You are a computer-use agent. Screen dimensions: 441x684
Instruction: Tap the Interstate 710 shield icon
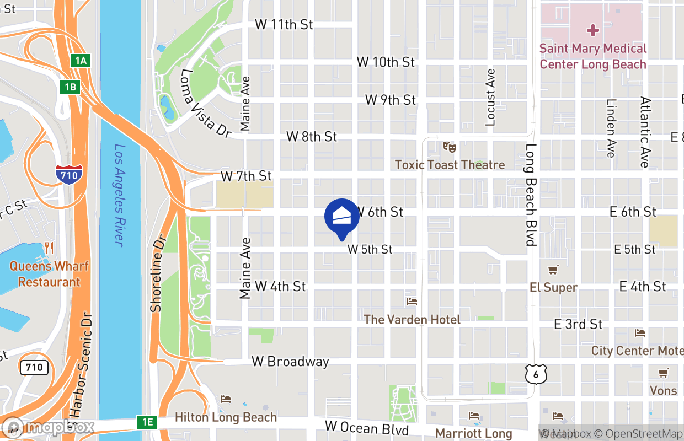click(x=69, y=174)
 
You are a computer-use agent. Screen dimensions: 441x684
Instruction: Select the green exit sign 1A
click(x=81, y=60)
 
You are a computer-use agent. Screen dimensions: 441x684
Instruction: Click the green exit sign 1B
click(x=70, y=87)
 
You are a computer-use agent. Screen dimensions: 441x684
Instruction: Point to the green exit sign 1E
click(x=147, y=422)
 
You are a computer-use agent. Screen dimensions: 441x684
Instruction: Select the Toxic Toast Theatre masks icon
click(x=450, y=147)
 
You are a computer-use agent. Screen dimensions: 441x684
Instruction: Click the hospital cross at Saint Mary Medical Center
click(x=593, y=30)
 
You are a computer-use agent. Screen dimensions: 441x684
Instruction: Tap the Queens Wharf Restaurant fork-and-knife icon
click(x=49, y=248)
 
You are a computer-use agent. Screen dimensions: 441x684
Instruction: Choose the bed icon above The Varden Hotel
click(x=412, y=302)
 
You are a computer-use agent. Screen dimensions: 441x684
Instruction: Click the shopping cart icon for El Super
click(x=553, y=270)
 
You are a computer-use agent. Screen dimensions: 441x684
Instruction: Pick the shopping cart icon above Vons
click(x=663, y=373)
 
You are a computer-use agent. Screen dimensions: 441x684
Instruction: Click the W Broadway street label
click(x=290, y=362)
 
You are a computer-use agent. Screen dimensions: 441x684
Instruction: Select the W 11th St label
click(x=284, y=24)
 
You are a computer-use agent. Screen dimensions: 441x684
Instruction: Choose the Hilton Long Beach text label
click(x=226, y=417)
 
